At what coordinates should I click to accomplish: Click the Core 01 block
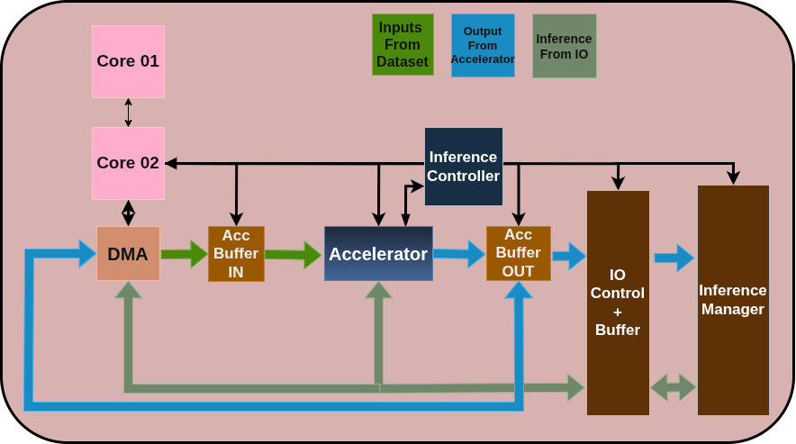[128, 61]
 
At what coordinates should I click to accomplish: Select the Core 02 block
[128, 163]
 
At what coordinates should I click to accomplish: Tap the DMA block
[128, 253]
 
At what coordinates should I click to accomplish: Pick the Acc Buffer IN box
[236, 253]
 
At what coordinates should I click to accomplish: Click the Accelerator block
[378, 253]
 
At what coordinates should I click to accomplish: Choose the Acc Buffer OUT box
[518, 253]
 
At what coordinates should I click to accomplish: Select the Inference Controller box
[463, 167]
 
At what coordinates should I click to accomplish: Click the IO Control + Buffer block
[618, 303]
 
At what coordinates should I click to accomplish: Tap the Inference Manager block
[733, 300]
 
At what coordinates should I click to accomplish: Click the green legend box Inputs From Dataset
[403, 44]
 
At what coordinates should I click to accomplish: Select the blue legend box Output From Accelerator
[483, 45]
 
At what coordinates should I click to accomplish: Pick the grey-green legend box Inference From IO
[564, 45]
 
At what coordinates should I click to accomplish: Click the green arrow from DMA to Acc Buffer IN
[184, 254]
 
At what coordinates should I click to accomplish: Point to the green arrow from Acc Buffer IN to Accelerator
[293, 255]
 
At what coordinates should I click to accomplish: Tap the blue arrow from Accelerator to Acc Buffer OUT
[458, 254]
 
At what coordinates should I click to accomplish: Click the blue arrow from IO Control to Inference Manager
[674, 258]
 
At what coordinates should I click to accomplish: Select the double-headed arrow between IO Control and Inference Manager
[673, 387]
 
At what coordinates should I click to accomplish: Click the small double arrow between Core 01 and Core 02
[128, 113]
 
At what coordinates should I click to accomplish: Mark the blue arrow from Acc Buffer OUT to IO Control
[568, 256]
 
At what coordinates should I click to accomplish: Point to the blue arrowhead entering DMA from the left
[86, 254]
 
